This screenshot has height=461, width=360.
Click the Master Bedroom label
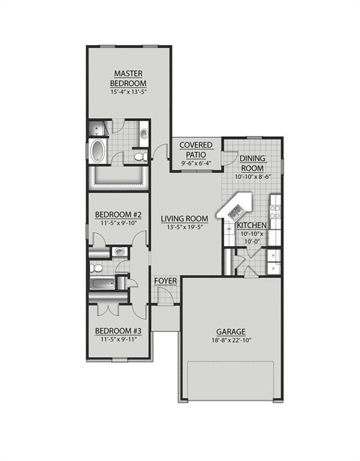pyautogui.click(x=128, y=79)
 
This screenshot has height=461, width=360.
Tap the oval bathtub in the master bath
pyautogui.click(x=97, y=151)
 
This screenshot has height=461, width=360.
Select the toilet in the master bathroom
pyautogui.click(x=141, y=157)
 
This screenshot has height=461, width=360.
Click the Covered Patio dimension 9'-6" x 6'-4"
pyautogui.click(x=196, y=163)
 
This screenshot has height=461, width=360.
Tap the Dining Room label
pyautogui.click(x=252, y=163)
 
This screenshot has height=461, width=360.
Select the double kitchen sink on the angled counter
pyautogui.click(x=235, y=211)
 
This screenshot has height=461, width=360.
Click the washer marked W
pyautogui.click(x=274, y=256)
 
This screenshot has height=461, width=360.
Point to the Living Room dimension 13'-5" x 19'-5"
pyautogui.click(x=187, y=227)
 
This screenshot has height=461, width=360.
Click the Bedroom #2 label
pyautogui.click(x=118, y=215)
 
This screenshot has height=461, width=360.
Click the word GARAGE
pyautogui.click(x=231, y=331)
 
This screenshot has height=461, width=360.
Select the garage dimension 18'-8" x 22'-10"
pyautogui.click(x=231, y=340)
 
